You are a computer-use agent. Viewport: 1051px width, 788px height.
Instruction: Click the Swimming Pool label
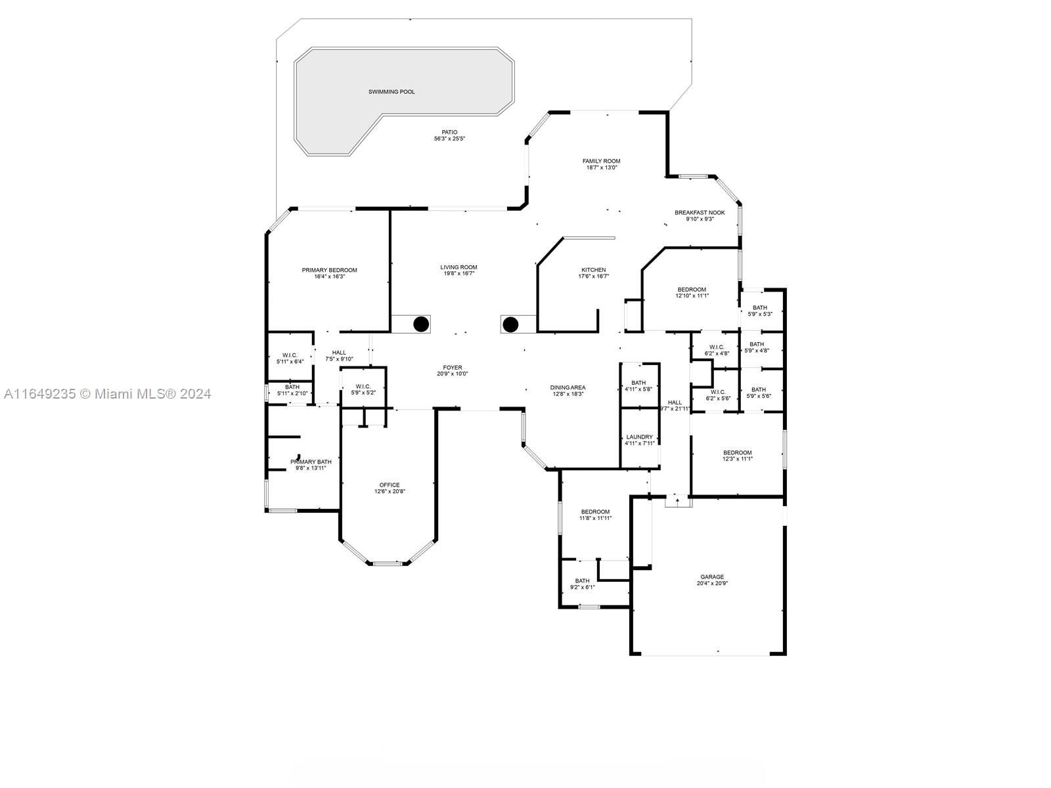point(391,92)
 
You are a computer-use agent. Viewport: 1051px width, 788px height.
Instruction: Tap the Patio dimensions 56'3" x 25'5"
point(449,139)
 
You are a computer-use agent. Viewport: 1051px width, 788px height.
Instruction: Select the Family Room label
point(601,162)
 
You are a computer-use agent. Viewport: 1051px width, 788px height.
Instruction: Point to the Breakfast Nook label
point(700,212)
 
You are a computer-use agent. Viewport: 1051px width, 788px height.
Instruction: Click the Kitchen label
point(594,270)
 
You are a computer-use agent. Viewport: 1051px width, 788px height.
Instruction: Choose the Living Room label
point(458,267)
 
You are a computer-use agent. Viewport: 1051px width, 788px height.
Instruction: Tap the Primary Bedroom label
point(330,271)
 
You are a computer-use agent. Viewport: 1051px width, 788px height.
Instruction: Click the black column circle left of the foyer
point(421,324)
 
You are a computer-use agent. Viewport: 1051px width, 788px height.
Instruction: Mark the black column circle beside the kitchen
point(510,324)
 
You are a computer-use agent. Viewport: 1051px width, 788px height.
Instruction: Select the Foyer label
point(453,368)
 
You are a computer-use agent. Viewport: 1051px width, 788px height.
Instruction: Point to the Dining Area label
point(568,387)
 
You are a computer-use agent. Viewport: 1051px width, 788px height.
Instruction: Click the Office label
point(390,485)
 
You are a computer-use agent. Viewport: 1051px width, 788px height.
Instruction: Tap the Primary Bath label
point(311,462)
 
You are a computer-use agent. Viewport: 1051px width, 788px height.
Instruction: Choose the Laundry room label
point(639,437)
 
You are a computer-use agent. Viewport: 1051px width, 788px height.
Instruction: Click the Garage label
point(712,577)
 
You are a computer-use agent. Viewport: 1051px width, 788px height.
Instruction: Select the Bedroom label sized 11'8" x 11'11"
point(595,512)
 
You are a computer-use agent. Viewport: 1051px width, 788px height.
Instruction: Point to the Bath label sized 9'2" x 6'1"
point(582,581)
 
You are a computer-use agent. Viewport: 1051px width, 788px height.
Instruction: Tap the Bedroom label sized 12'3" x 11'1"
point(738,452)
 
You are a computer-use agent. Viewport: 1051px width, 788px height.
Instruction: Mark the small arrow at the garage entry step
point(677,500)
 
